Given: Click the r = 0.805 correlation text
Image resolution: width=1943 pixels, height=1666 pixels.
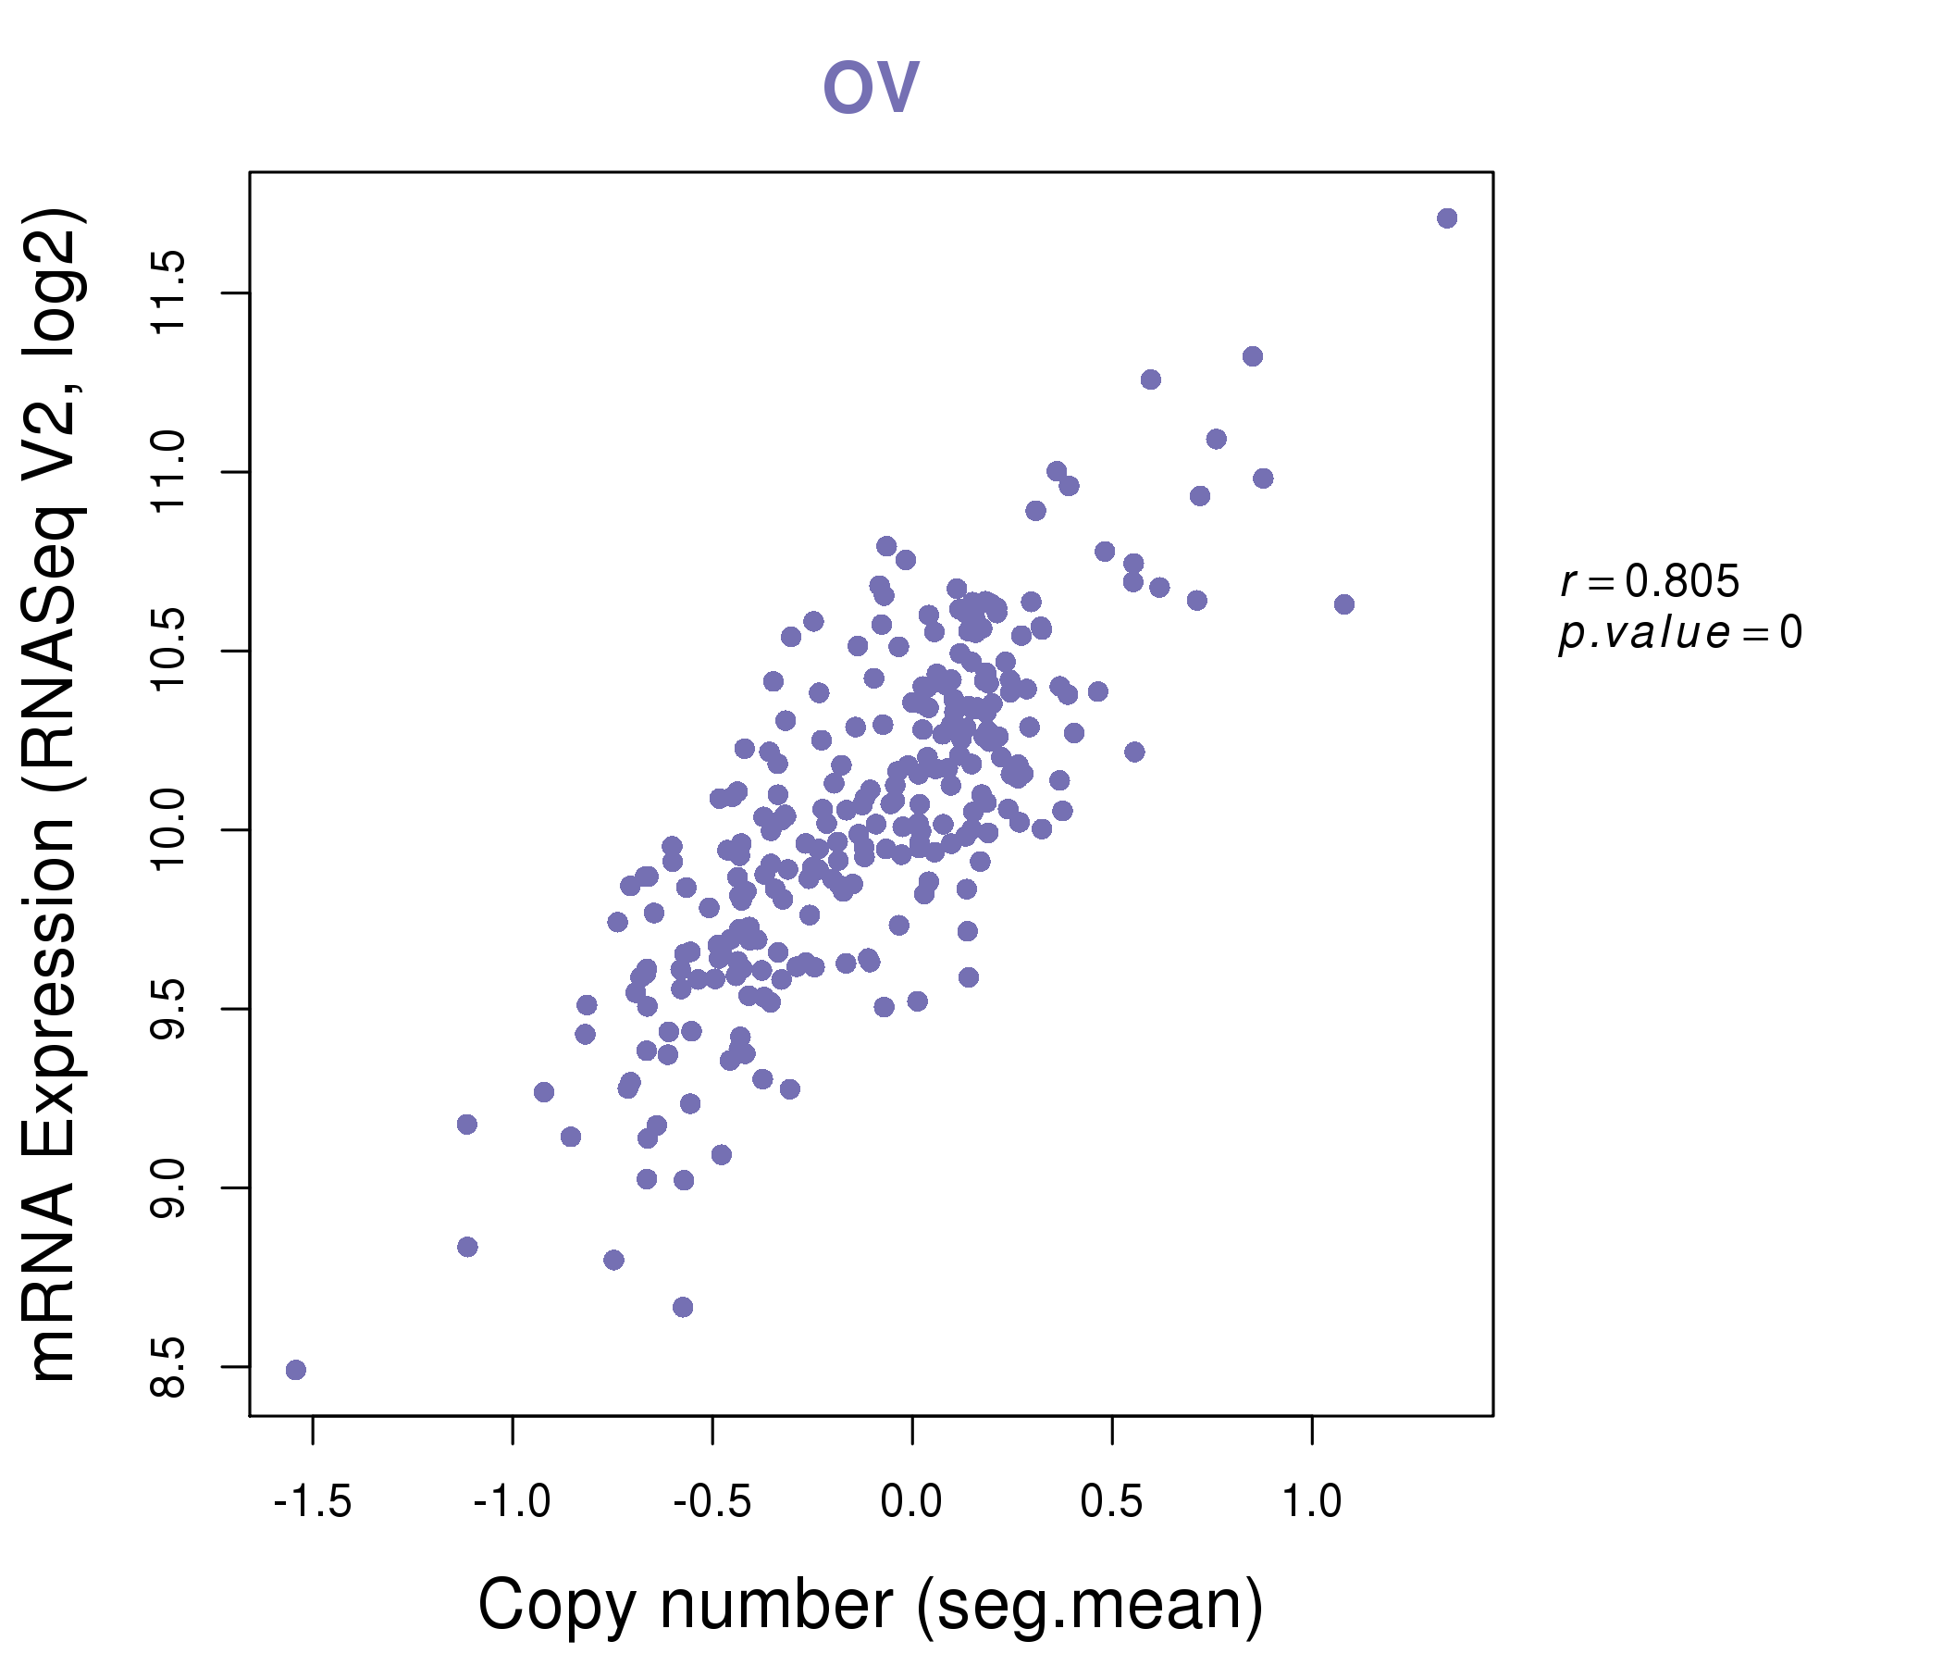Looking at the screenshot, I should tap(1650, 581).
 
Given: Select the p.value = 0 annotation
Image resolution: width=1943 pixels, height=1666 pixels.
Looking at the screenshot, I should tap(1679, 633).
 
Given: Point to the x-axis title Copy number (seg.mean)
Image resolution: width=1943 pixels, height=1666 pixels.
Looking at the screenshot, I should tap(871, 1605).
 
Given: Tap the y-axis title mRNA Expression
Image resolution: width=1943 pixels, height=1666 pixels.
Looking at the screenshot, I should tap(55, 794).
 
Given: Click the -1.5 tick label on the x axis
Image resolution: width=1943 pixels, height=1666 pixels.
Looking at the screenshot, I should tap(313, 1502).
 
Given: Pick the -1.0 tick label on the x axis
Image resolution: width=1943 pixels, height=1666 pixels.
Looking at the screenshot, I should tap(512, 1502).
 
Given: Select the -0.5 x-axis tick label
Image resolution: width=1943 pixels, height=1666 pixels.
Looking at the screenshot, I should tap(712, 1502).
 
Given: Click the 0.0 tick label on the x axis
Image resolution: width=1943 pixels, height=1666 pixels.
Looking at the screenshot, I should tap(911, 1502).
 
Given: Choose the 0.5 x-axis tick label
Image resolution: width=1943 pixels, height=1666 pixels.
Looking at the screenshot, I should tap(1111, 1502).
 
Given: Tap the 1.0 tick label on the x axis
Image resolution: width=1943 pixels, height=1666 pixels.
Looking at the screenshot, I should tap(1311, 1502).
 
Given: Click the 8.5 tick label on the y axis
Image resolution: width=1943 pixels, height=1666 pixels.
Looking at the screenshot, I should tap(169, 1367).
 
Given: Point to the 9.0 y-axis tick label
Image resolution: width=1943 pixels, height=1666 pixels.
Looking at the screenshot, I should tap(169, 1187).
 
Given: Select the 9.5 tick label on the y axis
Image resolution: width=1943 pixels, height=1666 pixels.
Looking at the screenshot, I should tap(169, 1009).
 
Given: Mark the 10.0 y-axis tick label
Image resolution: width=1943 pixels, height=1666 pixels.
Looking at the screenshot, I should tap(169, 829).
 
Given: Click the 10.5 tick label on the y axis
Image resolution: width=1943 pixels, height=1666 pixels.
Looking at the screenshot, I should tap(169, 650).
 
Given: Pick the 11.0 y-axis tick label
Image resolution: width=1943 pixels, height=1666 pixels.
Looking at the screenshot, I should tap(169, 471).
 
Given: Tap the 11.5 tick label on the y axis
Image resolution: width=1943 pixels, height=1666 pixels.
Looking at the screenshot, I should tap(169, 292).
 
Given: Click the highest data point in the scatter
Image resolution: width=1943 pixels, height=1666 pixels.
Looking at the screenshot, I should tap(1447, 218).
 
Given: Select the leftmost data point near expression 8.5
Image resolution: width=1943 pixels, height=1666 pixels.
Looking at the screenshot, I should tap(295, 1370).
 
